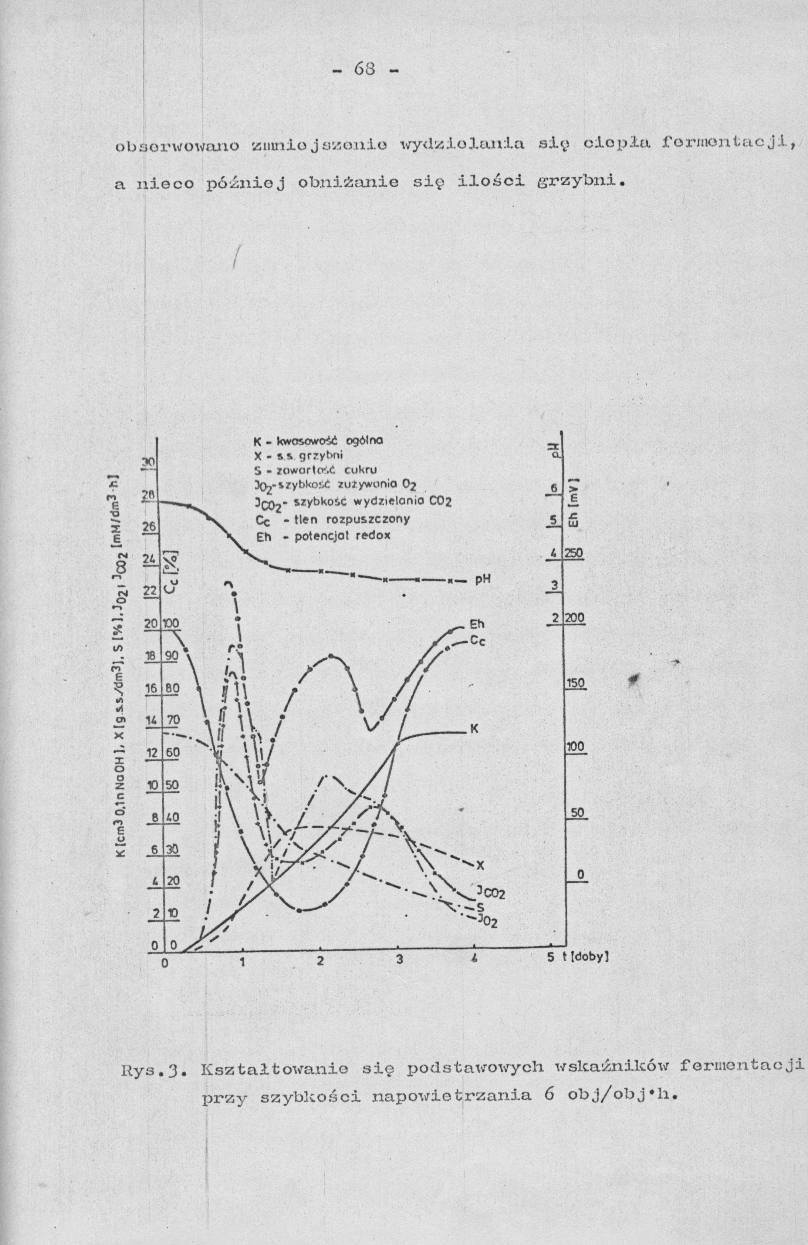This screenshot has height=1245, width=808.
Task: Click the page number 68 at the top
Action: (365, 68)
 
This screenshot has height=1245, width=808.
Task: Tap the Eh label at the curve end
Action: (477, 625)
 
